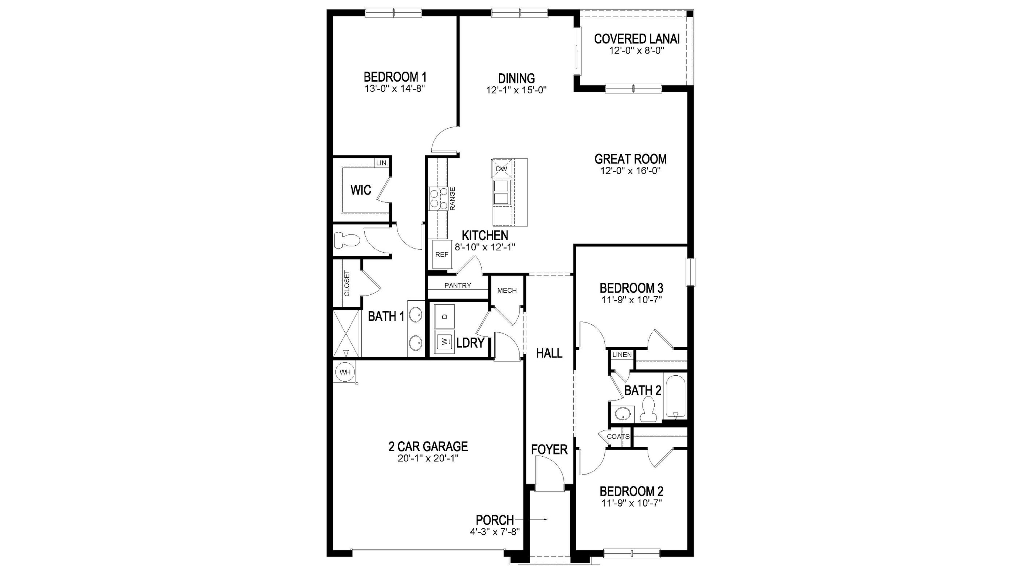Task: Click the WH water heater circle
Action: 345,372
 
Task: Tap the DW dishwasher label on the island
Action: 501,169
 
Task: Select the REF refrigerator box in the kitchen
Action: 442,254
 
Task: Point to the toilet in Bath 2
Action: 648,409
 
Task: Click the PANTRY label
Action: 458,285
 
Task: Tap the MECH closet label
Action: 507,290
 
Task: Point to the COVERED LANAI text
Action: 637,39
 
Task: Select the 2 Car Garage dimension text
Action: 428,459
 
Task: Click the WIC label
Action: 361,190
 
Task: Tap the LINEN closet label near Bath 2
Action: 622,355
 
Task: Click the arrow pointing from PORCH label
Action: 531,519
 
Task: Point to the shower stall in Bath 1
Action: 346,333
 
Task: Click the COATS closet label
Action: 618,437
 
